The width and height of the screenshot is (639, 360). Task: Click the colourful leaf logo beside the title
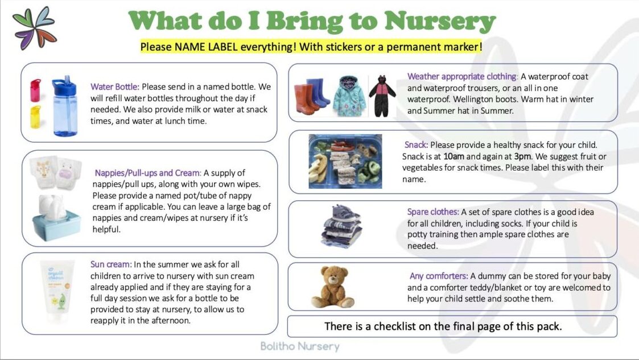35,28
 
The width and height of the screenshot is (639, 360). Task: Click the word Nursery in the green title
440,21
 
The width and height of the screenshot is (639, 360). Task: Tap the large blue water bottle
64,105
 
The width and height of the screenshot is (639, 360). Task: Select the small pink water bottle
35,90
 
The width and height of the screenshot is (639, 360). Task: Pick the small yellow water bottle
35,117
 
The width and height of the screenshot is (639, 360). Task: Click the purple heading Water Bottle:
115,87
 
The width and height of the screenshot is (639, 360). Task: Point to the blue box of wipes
56,219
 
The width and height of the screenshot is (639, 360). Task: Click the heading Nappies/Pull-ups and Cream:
148,173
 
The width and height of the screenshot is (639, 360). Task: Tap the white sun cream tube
57,291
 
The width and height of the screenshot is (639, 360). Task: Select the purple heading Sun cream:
111,264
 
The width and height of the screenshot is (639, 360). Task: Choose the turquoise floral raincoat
349,96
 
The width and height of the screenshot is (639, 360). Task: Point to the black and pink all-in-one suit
382,96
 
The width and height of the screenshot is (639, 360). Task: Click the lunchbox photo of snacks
345,162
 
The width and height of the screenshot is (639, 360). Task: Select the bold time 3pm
522,156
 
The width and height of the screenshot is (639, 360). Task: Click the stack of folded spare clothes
341,226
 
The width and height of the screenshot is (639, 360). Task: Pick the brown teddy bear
332,287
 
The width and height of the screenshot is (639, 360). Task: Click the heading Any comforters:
439,276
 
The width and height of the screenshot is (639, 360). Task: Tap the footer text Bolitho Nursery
300,346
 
